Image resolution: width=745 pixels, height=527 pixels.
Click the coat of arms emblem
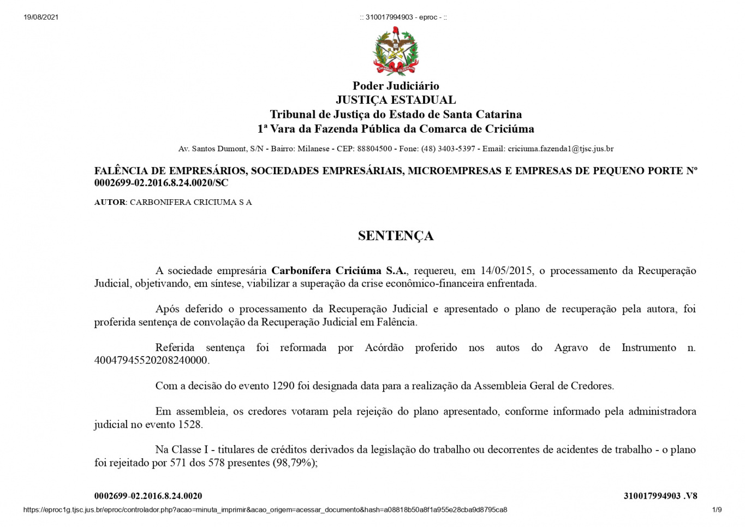[x=396, y=51]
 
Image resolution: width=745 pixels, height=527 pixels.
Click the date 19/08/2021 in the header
[x=41, y=17]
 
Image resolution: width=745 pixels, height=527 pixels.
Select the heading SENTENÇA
[x=396, y=235]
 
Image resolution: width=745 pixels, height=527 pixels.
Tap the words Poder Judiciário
[x=396, y=86]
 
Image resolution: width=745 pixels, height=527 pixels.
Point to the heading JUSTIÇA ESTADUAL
[x=396, y=100]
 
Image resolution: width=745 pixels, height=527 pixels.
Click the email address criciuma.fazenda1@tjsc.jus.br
[x=561, y=149]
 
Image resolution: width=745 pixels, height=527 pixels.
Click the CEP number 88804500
[x=374, y=149]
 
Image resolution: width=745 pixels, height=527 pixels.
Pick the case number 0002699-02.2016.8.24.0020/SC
[x=161, y=183]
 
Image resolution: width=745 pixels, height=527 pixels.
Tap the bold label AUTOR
[x=110, y=202]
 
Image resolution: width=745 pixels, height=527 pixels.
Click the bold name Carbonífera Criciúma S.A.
[x=339, y=270]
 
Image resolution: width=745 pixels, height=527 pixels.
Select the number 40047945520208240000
[x=151, y=360]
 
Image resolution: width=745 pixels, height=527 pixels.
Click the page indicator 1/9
[x=717, y=510]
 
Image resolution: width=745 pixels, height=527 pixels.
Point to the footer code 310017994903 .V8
[x=660, y=496]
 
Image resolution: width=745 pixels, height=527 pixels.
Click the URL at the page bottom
[x=265, y=510]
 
